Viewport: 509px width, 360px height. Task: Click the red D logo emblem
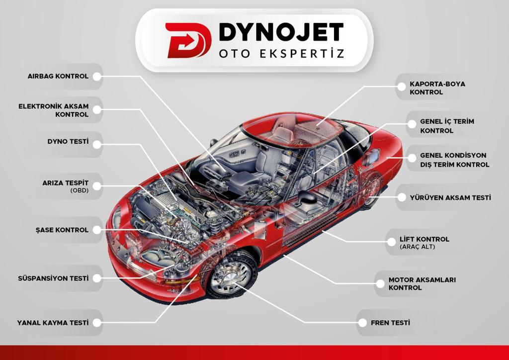pos(188,40)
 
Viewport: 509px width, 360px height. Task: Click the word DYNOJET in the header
pos(281,32)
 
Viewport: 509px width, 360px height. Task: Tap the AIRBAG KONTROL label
pos(58,76)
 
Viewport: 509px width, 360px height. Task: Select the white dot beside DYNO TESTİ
pos(97,145)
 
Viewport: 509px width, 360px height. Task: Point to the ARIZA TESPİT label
pos(65,183)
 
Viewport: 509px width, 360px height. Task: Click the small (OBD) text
pos(80,190)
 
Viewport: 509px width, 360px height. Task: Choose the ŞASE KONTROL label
pos(62,230)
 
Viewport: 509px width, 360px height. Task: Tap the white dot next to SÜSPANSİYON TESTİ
pos(97,278)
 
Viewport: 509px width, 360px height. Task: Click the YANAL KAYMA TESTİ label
pos(53,323)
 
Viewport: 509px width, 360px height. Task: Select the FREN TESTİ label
pos(390,323)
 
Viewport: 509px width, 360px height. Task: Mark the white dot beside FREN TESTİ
pos(362,323)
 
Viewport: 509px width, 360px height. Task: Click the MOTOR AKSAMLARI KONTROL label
pos(422,283)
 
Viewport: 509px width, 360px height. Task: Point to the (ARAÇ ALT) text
pos(417,247)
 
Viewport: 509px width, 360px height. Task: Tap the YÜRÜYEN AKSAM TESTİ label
pos(450,198)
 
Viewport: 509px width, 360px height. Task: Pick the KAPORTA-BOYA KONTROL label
pos(437,88)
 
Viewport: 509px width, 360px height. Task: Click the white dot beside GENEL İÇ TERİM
pos(412,124)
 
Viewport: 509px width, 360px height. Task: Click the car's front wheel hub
pos(230,277)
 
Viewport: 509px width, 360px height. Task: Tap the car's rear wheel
pos(372,192)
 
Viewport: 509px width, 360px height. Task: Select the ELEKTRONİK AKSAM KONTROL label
pos(53,110)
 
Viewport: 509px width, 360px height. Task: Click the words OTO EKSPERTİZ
pos(281,53)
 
